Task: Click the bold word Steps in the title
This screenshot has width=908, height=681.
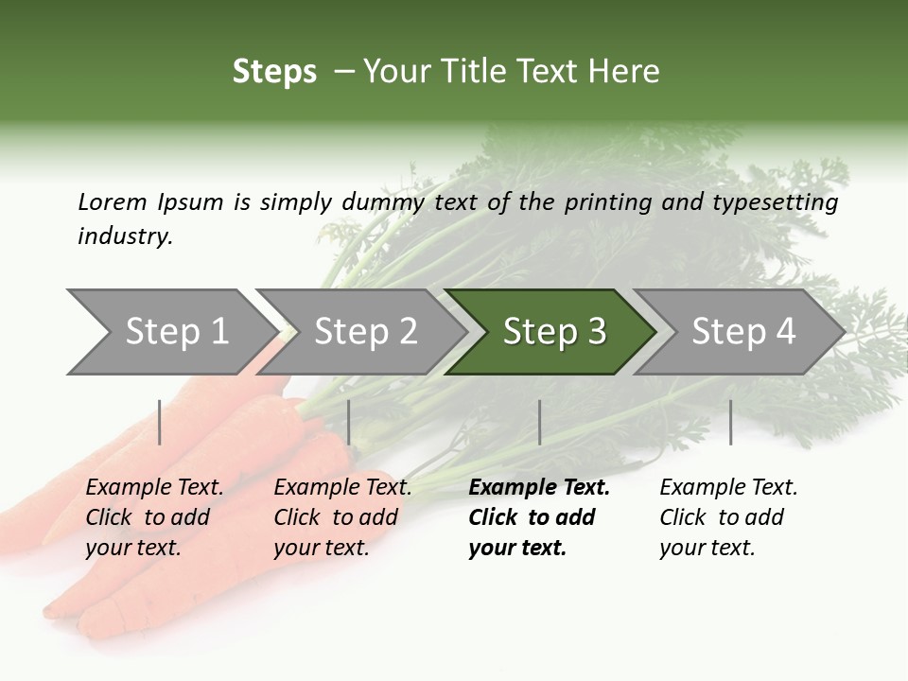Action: (x=274, y=72)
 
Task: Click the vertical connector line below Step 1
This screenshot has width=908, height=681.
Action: (x=160, y=422)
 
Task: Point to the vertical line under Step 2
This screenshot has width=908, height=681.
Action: (x=349, y=422)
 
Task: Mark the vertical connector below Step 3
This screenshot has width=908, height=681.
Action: (x=539, y=422)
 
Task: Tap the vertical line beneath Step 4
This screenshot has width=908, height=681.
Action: (x=730, y=422)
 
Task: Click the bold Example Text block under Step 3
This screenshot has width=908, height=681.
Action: (x=538, y=517)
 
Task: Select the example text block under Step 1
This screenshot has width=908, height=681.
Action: (x=154, y=517)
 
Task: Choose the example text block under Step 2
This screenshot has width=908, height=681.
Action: (x=342, y=517)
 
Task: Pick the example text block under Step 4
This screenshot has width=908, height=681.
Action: (x=728, y=517)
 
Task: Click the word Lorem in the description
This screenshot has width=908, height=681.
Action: (x=113, y=202)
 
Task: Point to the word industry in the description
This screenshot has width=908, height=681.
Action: (x=125, y=236)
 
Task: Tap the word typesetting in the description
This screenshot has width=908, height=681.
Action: (x=781, y=202)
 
